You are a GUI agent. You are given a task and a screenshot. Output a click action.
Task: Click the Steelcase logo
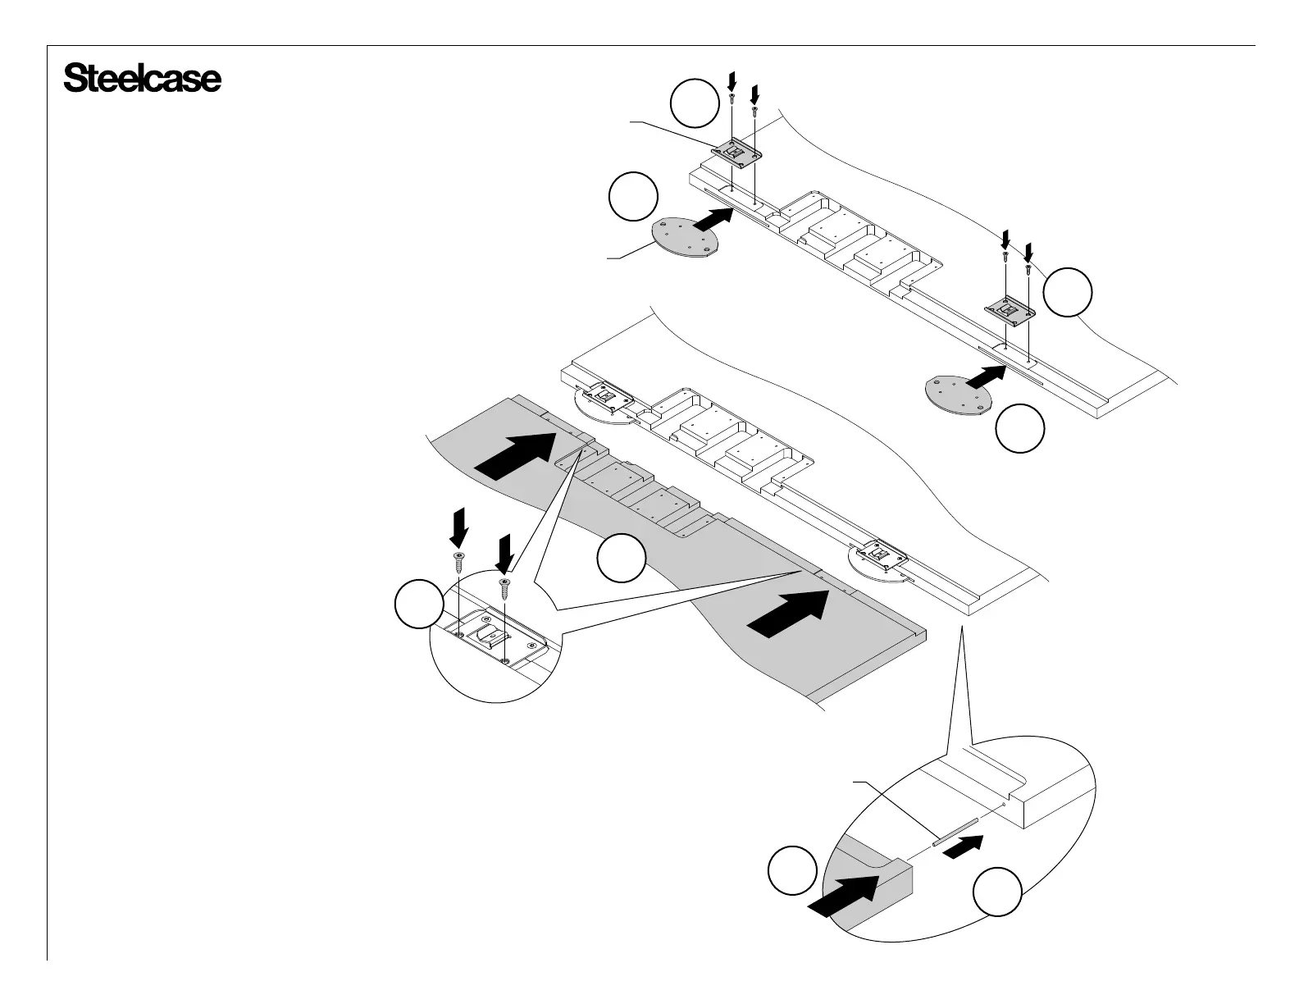pos(142,80)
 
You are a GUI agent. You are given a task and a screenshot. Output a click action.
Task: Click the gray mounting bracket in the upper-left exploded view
pos(737,153)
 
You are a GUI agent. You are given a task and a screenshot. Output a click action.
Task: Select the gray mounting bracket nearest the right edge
pos(1010,308)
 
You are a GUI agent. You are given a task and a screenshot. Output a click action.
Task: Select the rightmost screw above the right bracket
pos(1028,267)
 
